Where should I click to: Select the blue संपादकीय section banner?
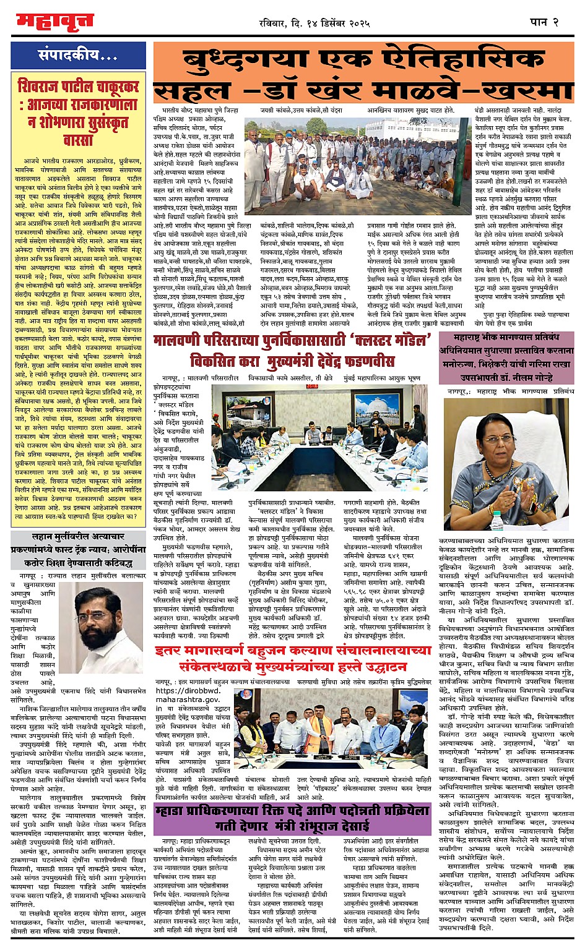tap(79, 56)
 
